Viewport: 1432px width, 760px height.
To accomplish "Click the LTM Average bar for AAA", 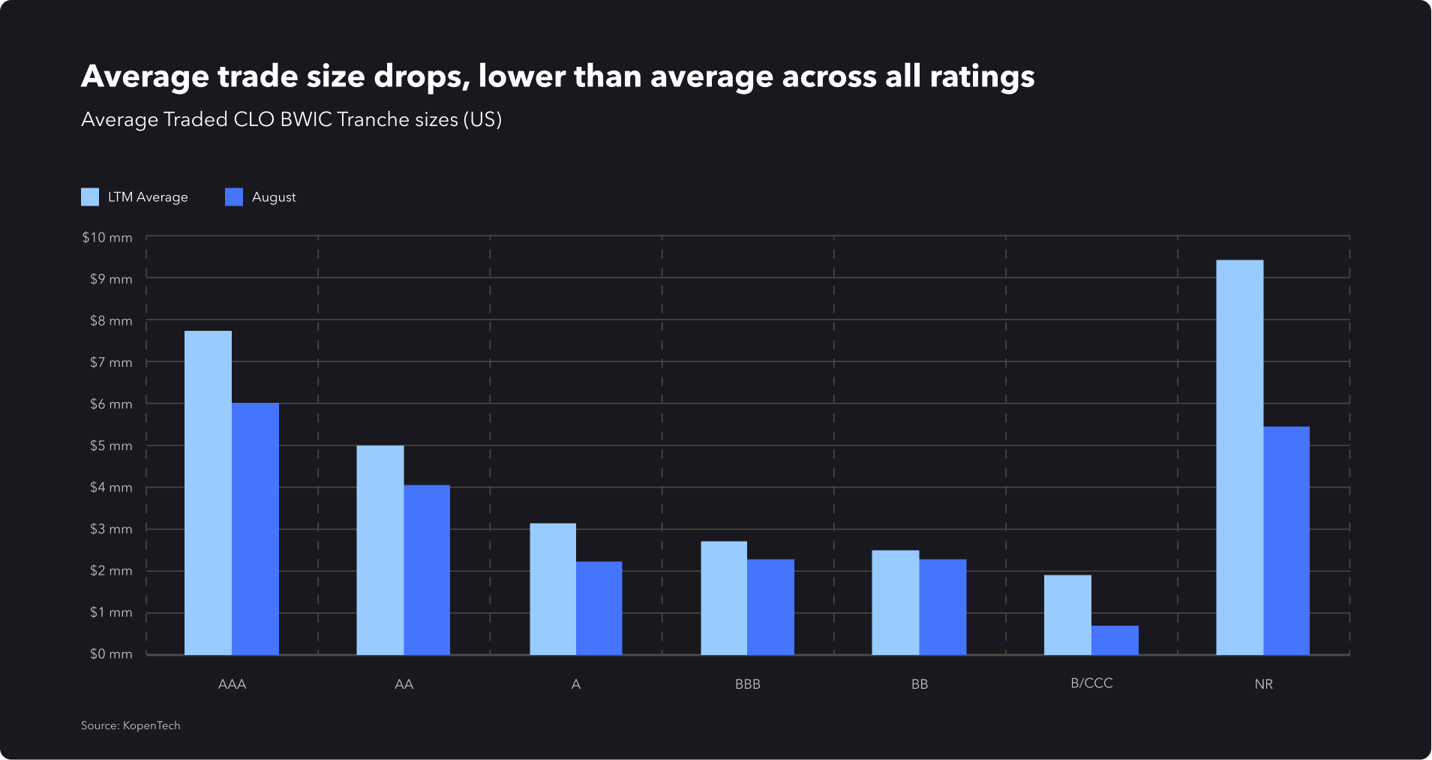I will [208, 493].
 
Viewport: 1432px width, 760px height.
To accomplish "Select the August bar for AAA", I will [255, 529].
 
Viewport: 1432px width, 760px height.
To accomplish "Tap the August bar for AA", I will [427, 570].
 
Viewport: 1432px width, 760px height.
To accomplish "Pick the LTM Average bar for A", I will [553, 589].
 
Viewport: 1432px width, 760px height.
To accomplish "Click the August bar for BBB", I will [770, 607].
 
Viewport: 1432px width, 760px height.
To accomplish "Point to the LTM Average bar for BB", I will [895, 602].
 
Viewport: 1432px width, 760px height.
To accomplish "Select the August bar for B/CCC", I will [1115, 640].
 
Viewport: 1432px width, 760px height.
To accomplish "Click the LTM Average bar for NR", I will [1239, 458].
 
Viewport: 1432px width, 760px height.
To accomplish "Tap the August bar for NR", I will [1286, 540].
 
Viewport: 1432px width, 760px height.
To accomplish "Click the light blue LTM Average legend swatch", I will [90, 197].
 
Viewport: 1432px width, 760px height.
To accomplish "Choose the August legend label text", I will [274, 197].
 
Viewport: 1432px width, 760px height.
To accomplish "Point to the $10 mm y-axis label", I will [107, 238].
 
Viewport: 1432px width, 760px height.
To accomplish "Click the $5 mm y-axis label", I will [111, 446].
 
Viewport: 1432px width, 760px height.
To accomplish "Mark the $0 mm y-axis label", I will [111, 654].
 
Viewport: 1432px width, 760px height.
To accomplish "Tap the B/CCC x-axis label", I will [1091, 683].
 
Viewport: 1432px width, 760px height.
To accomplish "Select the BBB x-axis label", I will [748, 684].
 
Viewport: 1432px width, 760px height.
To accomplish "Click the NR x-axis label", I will [1263, 684].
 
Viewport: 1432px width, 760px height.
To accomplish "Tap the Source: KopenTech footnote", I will [131, 725].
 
